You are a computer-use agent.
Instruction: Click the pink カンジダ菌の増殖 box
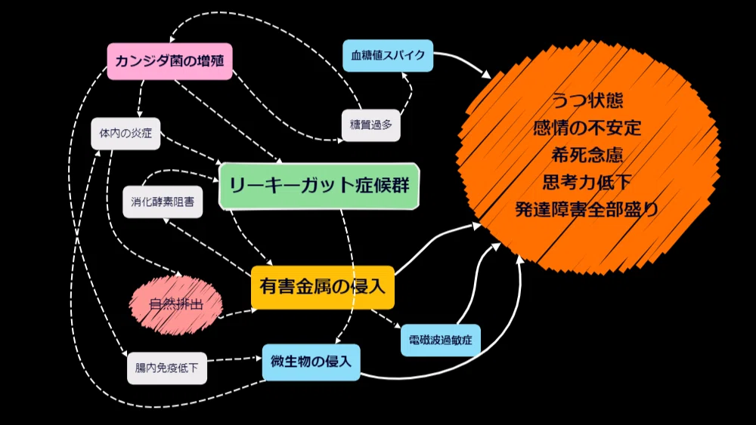[x=169, y=61]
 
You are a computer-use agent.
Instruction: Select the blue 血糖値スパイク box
[x=388, y=55]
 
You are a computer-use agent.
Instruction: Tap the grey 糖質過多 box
[x=370, y=125]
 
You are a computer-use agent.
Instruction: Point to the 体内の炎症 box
[x=125, y=134]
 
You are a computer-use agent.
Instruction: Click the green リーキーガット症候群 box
[x=319, y=186]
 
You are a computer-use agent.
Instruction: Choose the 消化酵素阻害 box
[x=163, y=202]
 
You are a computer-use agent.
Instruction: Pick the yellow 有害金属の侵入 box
[x=323, y=287]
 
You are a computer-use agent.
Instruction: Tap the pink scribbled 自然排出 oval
[x=176, y=304]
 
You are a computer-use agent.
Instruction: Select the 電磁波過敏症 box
[x=440, y=340]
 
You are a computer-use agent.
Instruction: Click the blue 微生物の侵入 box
[x=311, y=362]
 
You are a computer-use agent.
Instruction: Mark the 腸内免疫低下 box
[x=167, y=368]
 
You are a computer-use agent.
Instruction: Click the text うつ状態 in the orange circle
[x=587, y=100]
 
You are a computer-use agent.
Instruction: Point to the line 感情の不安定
[x=587, y=128]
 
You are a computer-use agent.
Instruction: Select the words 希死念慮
[x=587, y=155]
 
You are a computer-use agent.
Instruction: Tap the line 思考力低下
[x=587, y=182]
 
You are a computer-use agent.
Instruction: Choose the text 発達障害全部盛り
[x=587, y=209]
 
